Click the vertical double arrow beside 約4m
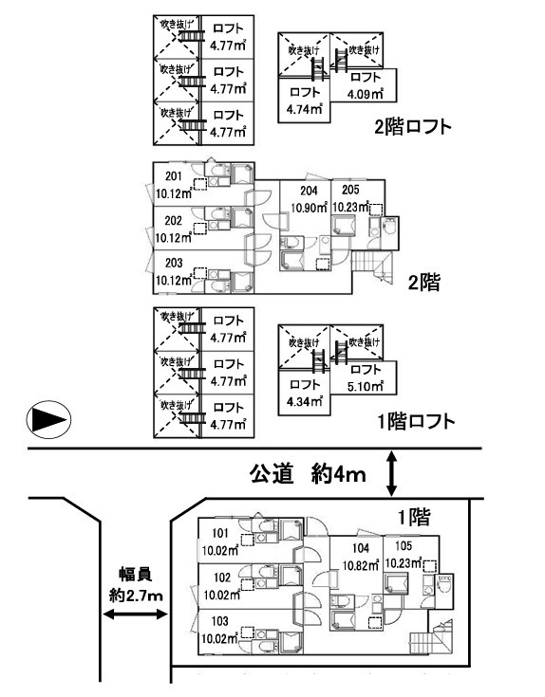[x=393, y=473]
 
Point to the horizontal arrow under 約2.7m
[x=134, y=616]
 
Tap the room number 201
[x=174, y=177]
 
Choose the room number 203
[x=174, y=264]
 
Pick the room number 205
[x=349, y=190]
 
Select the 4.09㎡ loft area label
[x=365, y=94]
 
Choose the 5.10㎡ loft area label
[x=365, y=386]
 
